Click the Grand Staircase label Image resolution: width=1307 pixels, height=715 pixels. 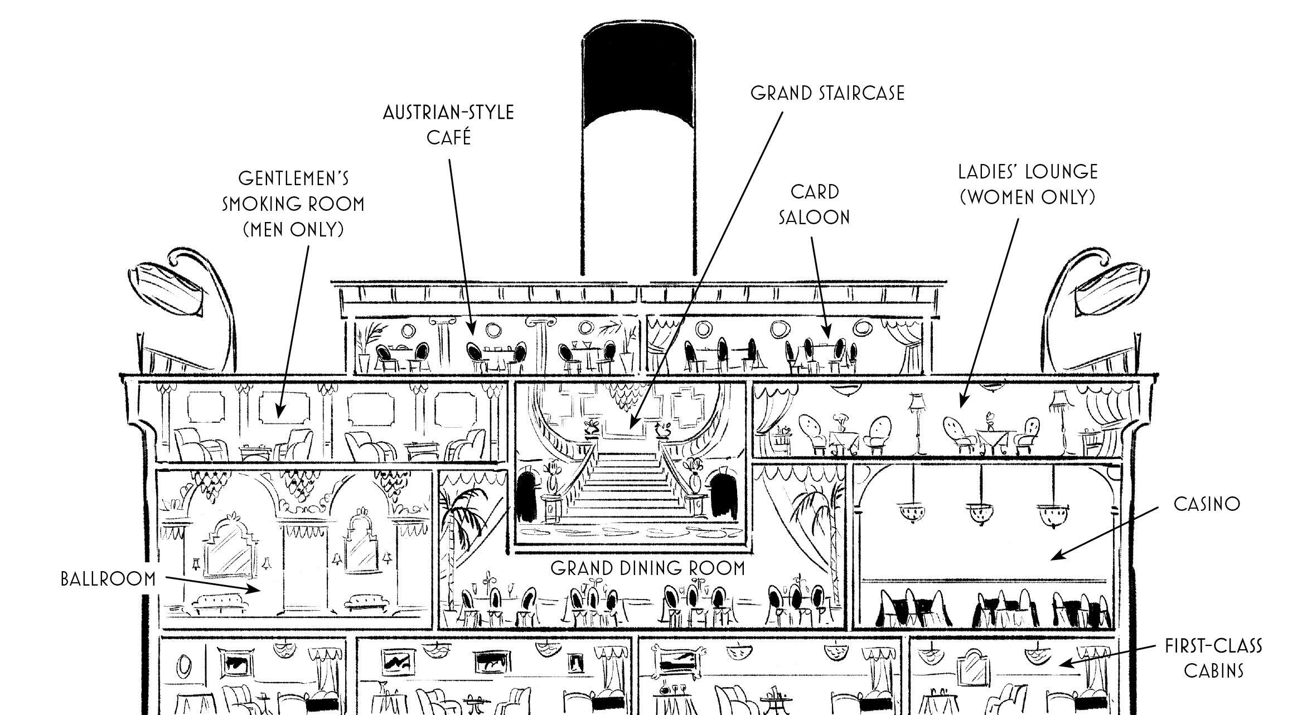click(827, 93)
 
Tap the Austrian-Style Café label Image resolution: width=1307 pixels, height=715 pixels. click(448, 125)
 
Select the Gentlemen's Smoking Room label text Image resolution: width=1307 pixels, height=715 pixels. click(293, 204)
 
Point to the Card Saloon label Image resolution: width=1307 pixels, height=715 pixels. click(814, 204)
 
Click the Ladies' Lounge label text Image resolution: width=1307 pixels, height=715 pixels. click(1028, 184)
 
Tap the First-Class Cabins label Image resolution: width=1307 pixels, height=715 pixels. click(1213, 658)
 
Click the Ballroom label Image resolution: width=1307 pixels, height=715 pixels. click(108, 579)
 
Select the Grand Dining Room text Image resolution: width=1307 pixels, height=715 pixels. click(648, 568)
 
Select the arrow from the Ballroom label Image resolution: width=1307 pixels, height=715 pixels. click(213, 583)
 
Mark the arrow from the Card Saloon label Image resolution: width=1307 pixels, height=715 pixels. click(820, 287)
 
